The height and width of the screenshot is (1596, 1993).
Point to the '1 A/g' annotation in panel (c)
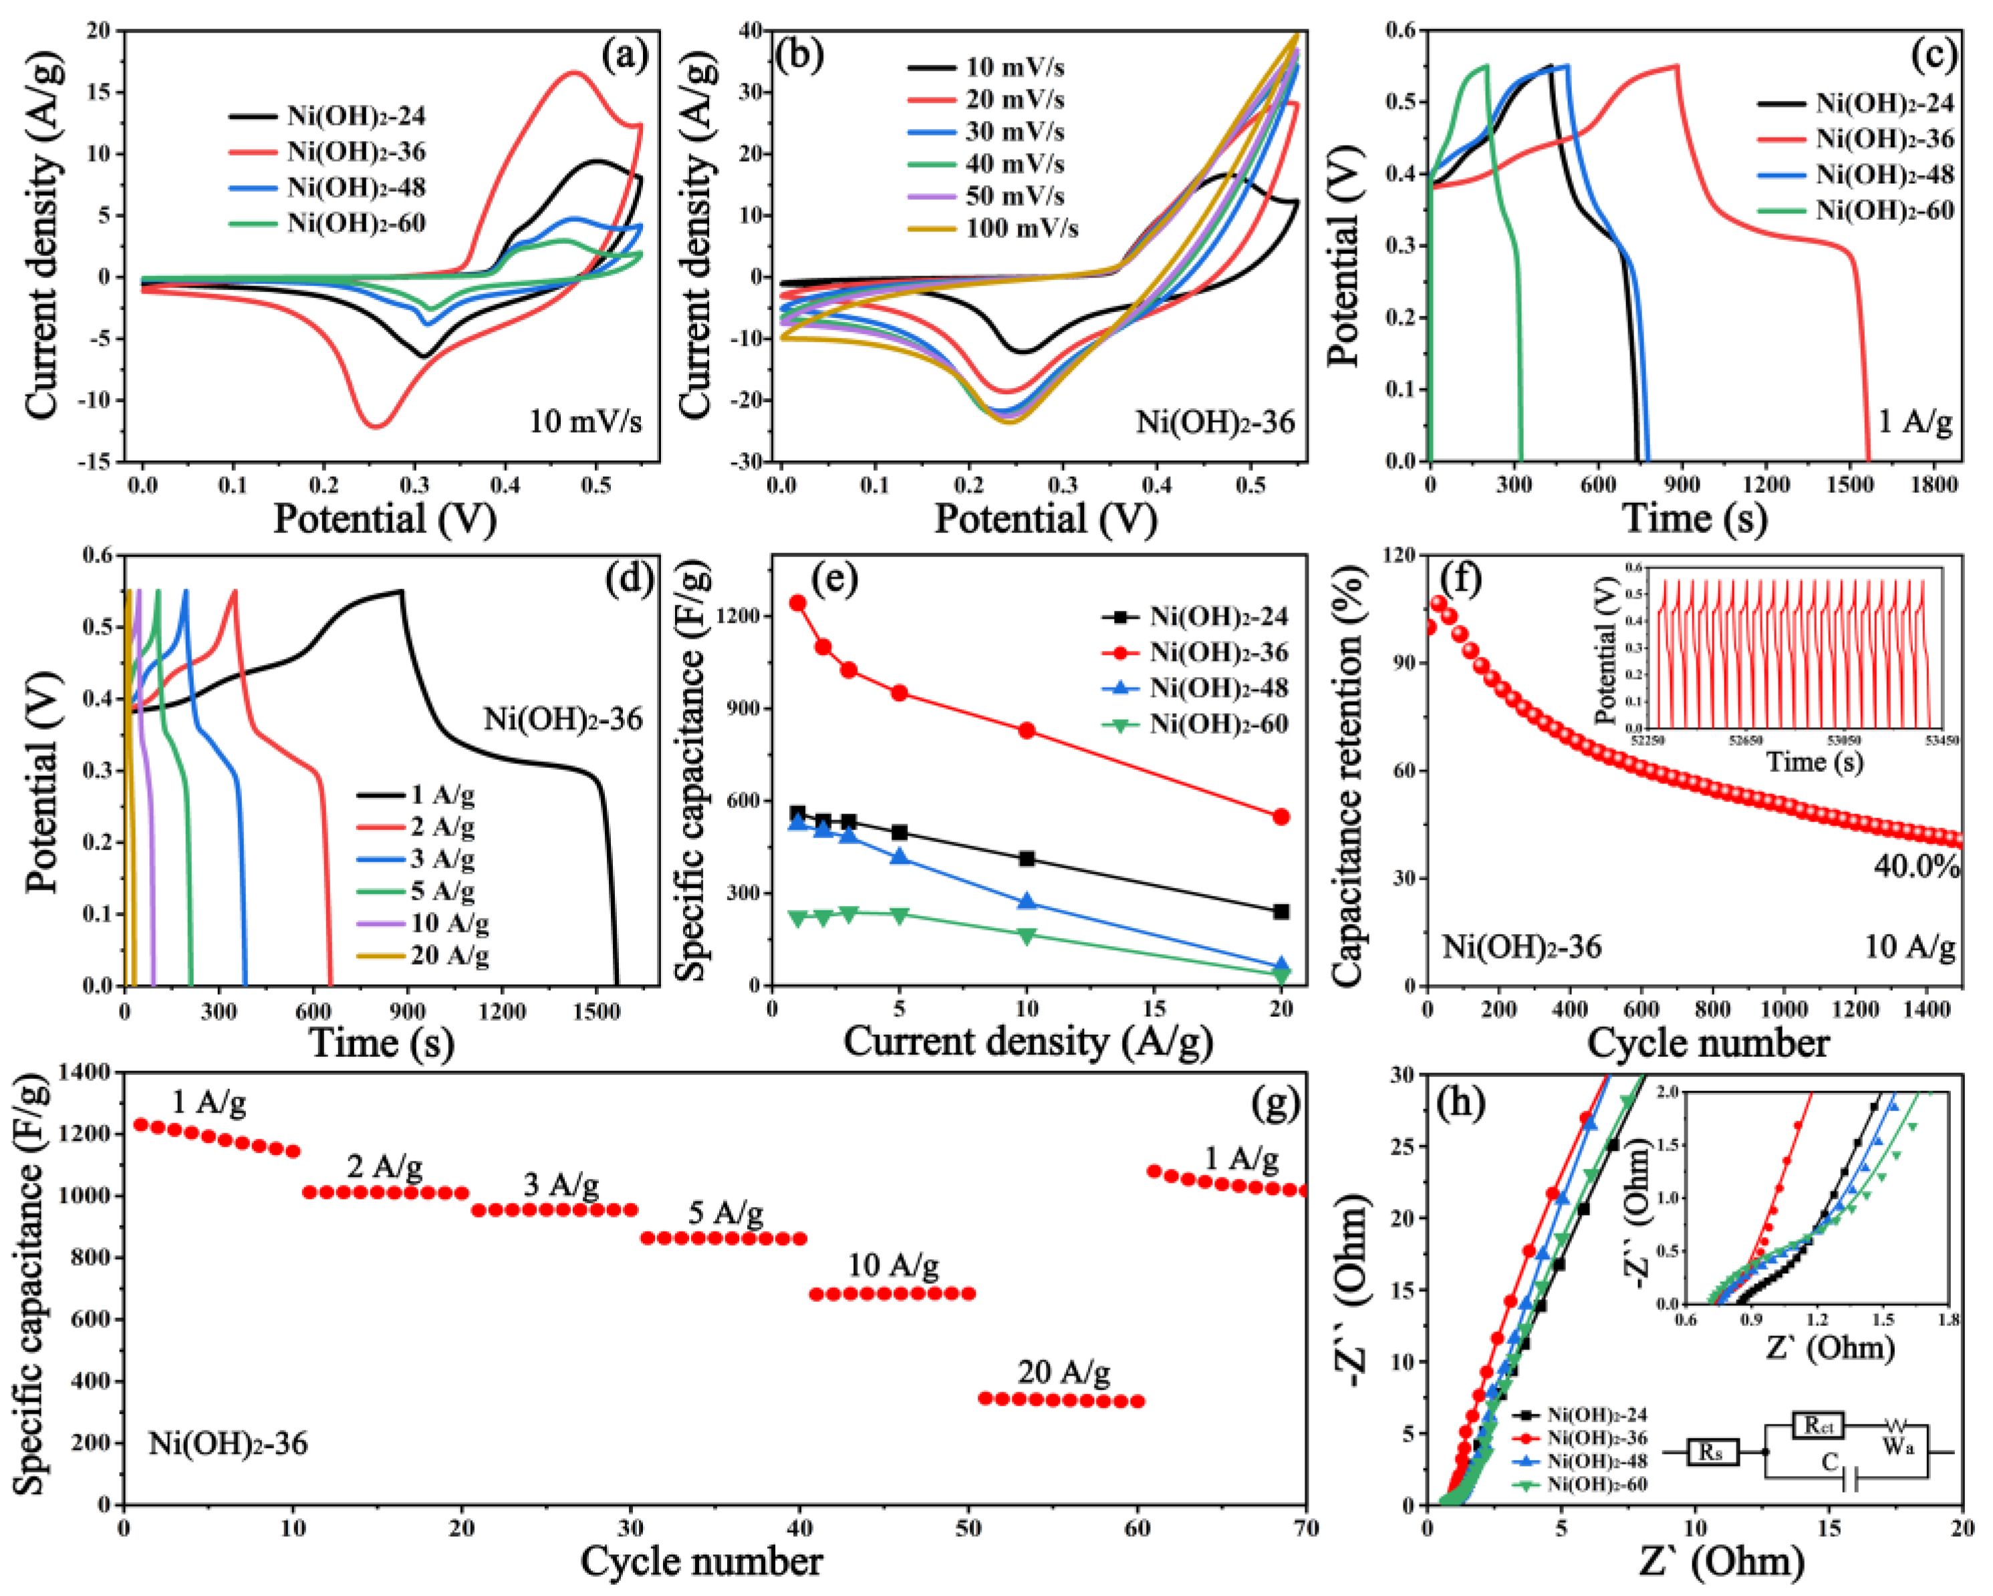click(x=1915, y=422)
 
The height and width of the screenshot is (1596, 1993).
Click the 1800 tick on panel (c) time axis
click(x=1934, y=485)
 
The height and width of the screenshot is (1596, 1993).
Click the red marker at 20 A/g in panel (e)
click(x=1281, y=817)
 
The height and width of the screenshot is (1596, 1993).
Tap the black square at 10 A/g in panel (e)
click(x=1026, y=859)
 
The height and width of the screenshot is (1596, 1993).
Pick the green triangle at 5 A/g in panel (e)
click(x=900, y=915)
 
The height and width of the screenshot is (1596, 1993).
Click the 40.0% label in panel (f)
click(x=1916, y=866)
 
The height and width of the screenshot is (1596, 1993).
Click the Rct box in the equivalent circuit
click(x=1819, y=1426)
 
